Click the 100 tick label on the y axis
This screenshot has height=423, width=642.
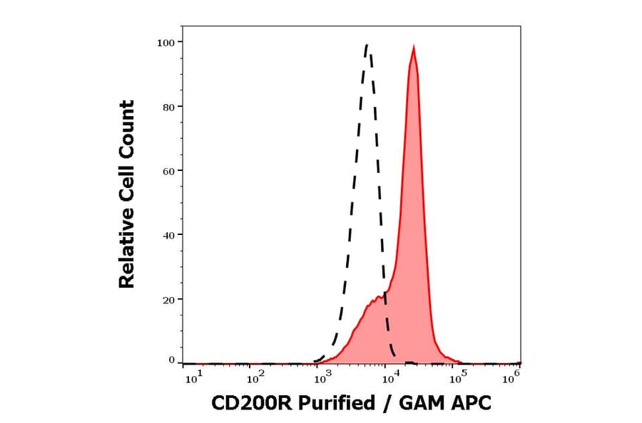click(166, 43)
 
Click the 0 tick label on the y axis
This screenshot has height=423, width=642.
click(171, 360)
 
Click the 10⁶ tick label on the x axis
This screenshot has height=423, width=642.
click(510, 379)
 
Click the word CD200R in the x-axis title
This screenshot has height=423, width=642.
click(251, 404)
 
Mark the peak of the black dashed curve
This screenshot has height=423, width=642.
click(367, 45)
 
